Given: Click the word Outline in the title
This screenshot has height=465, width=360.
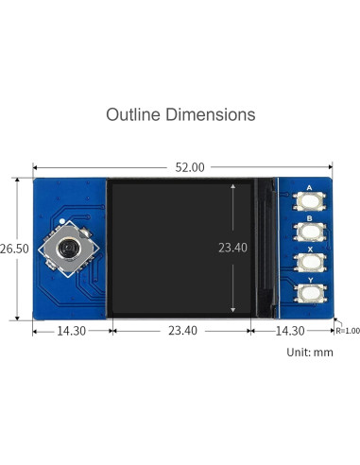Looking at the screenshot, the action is point(133,114).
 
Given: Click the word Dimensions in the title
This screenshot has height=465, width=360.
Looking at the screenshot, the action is point(211,114).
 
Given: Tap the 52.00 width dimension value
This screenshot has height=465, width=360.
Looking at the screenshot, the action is point(190,167).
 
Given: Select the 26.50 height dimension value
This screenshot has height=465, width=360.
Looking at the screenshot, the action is point(14,249).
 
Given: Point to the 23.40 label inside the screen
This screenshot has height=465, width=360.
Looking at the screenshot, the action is point(232,248).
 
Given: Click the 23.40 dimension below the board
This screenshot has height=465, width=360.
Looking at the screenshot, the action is point(182,331).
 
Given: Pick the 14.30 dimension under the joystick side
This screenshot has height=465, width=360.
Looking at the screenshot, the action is point(71,331).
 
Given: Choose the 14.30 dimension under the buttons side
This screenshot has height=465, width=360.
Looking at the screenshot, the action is point(290,331).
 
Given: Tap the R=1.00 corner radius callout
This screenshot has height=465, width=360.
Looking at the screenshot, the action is point(348,331).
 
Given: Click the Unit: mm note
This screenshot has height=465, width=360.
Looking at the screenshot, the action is point(310,352).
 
